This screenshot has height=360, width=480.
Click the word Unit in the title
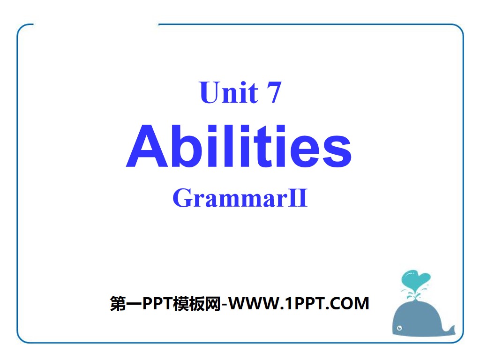click(229, 92)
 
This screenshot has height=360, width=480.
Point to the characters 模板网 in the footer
click(199, 304)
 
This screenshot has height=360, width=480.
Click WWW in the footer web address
click(256, 304)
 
